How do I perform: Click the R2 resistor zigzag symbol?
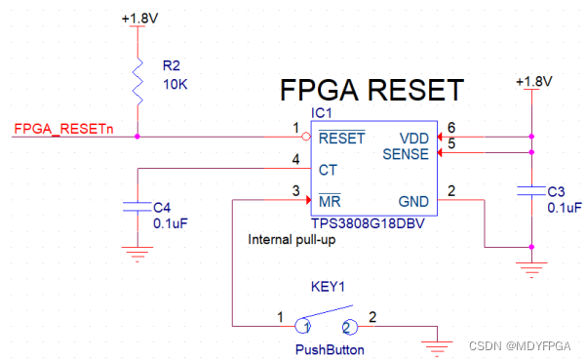[x=137, y=81]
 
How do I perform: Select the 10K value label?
[x=175, y=85]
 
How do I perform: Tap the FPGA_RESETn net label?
[x=63, y=129]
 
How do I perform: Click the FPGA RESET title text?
[x=371, y=90]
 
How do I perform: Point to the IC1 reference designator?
[x=322, y=113]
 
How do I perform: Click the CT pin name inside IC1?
[x=328, y=170]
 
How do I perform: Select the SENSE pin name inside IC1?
[x=406, y=154]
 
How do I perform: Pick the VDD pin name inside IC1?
[x=414, y=139]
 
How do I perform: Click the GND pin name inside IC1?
[x=413, y=202]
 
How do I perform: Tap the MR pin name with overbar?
[x=330, y=201]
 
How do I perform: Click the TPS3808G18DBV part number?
[x=368, y=223]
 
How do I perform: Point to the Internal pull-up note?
[x=292, y=240]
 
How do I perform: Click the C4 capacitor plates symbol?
[x=137, y=207]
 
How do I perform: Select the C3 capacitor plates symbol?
[x=531, y=190]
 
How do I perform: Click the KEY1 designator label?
[x=328, y=287]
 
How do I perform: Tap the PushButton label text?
[x=330, y=350]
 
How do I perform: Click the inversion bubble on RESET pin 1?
[x=306, y=137]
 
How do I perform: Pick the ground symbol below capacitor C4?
[x=137, y=254]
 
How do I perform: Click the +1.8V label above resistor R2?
[x=139, y=18]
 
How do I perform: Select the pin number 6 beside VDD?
[x=451, y=128]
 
